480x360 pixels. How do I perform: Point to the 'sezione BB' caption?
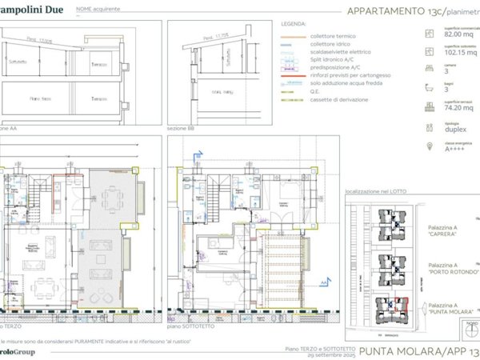pos(180,127)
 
